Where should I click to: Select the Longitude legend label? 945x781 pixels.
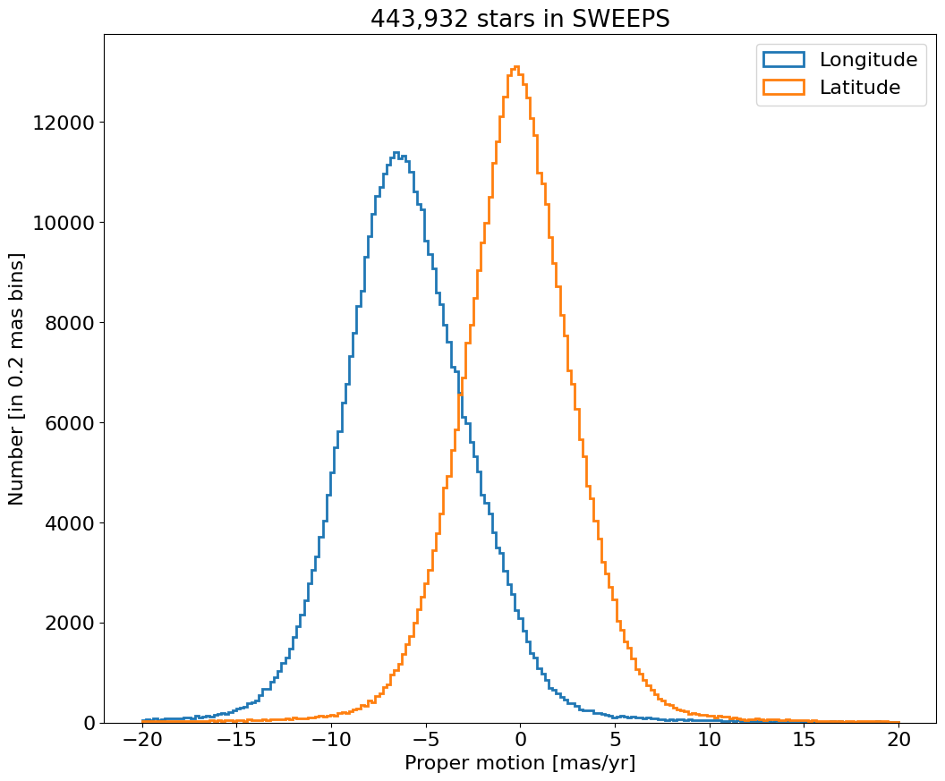click(868, 60)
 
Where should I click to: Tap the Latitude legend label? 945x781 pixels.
click(859, 88)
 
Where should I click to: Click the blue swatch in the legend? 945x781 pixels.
click(783, 60)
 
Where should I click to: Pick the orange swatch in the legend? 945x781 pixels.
click(783, 88)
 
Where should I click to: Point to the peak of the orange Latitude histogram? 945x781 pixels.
click(516, 66)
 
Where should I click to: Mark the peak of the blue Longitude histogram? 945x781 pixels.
click(396, 152)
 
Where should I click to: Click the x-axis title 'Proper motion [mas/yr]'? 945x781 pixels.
click(520, 763)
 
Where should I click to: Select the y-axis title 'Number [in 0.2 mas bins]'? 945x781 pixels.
click(17, 378)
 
